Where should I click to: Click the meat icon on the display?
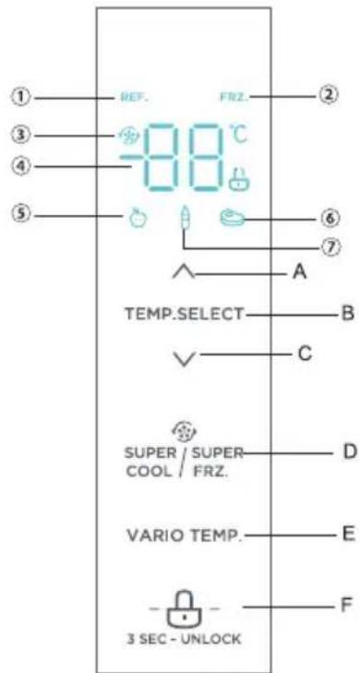[232, 220]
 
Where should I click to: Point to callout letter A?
[297, 272]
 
